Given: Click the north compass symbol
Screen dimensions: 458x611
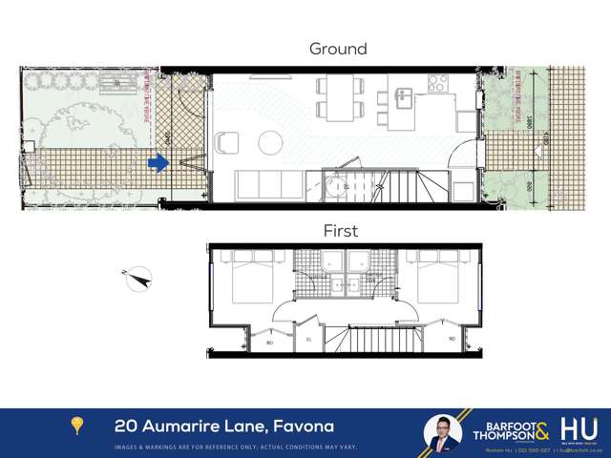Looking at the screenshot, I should coord(138,278).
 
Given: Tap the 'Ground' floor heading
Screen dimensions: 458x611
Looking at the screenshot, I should coord(338,49).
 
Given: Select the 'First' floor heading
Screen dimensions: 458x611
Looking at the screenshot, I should coord(340,231).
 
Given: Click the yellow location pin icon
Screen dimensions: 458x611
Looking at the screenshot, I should coord(77,426).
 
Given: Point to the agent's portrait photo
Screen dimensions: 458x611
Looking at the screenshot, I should coord(443,432).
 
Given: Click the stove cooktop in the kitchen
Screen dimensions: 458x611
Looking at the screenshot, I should coord(438,84).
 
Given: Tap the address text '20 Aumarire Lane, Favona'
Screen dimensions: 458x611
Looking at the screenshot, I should coord(224,426).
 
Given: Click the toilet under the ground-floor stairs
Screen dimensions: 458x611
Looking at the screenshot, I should coord(336,185).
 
